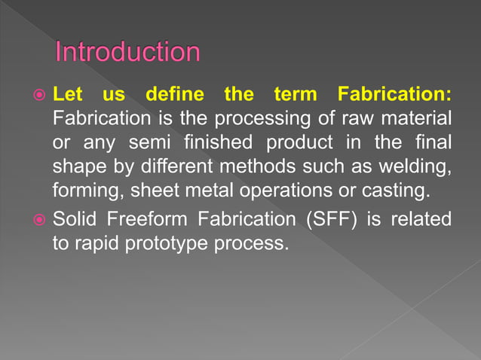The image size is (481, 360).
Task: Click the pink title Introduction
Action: (128, 53)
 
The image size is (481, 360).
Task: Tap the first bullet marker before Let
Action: (37, 96)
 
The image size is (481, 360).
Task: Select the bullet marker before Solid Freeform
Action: (37, 219)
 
